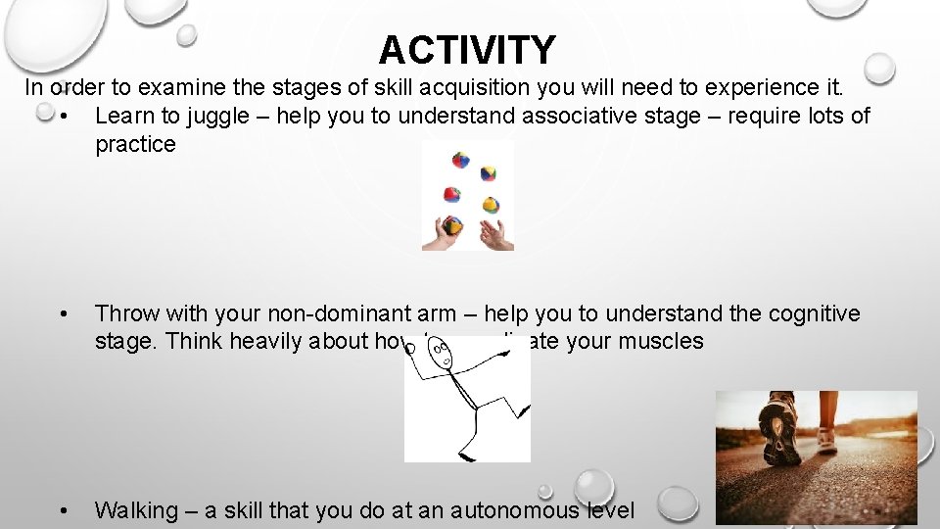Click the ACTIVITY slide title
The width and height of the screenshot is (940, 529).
tap(467, 49)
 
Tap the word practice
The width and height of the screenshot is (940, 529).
tap(135, 144)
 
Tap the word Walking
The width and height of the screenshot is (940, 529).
tap(136, 510)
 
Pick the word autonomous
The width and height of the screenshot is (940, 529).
tap(509, 510)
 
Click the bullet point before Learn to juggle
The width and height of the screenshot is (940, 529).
tap(64, 117)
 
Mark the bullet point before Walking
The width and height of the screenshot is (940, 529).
tap(64, 510)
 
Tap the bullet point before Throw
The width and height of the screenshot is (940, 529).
tap(64, 314)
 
